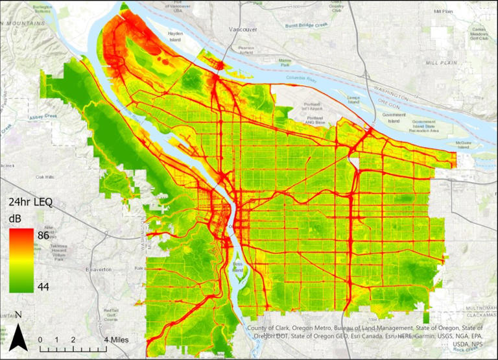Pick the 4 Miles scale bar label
[x=116, y=339]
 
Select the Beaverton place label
[x=99, y=268]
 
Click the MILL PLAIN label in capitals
[x=442, y=63]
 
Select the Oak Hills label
[x=47, y=176]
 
